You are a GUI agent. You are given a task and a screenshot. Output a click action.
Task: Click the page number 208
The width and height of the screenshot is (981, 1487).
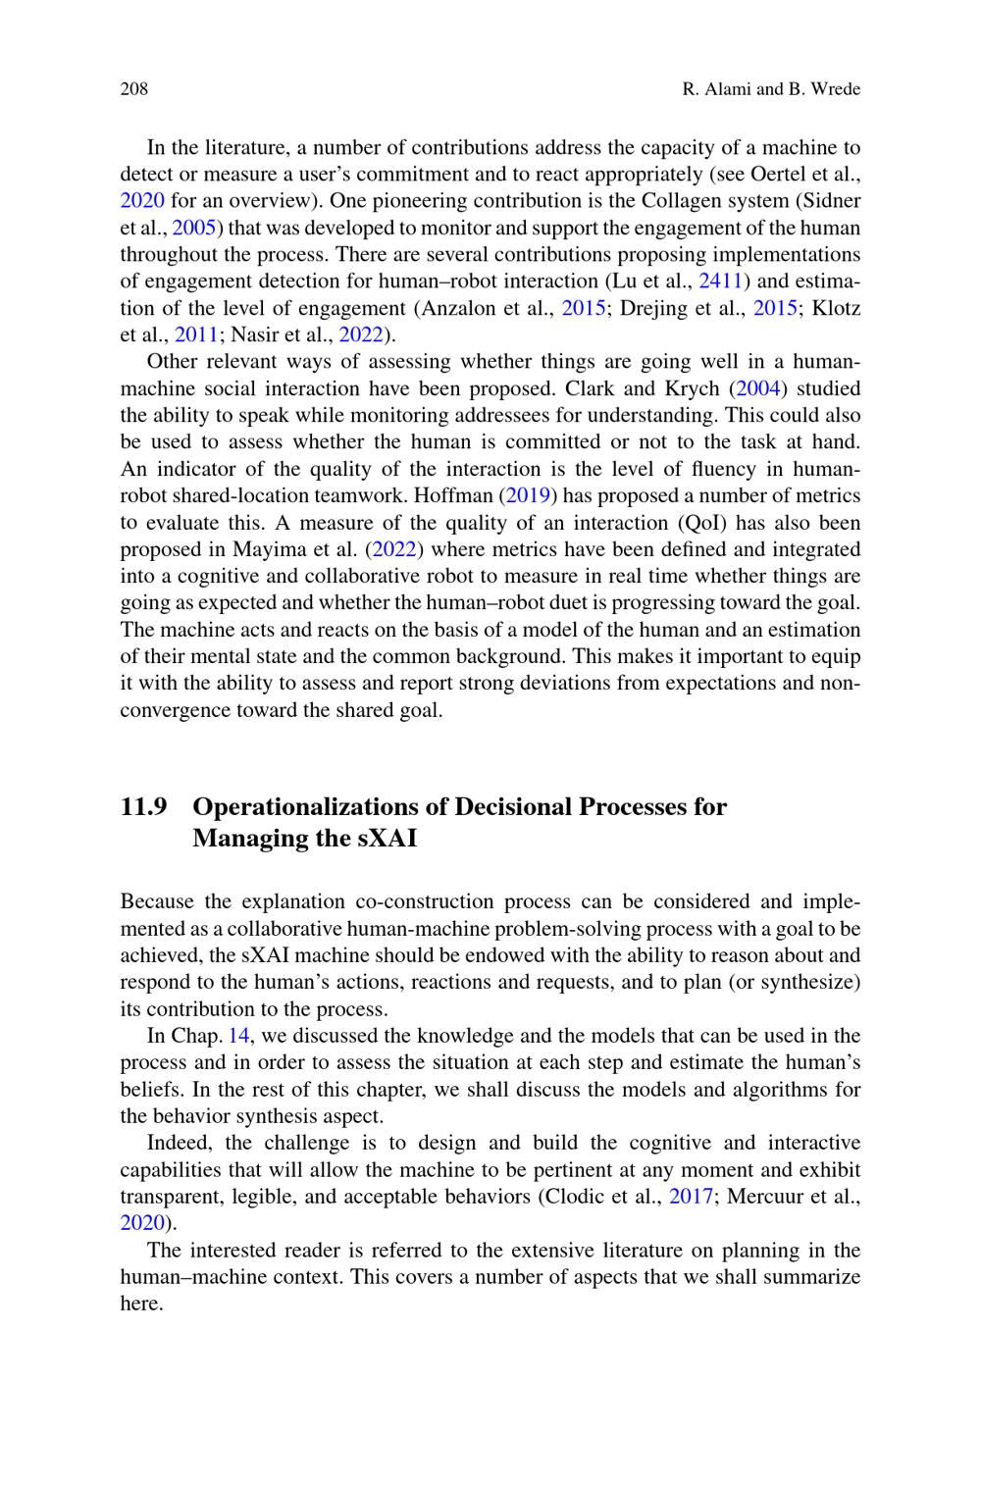tap(133, 89)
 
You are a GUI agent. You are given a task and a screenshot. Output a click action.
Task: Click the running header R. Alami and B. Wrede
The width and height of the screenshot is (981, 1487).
tap(770, 89)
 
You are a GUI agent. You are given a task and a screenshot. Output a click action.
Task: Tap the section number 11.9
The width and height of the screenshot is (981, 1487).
tap(143, 807)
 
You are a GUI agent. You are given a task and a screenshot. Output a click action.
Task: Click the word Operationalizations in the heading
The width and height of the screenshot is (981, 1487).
tap(308, 807)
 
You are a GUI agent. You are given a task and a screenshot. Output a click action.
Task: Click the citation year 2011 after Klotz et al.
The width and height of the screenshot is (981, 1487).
tap(196, 334)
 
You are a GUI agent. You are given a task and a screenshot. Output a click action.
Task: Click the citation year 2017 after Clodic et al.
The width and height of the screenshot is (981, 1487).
tap(691, 1197)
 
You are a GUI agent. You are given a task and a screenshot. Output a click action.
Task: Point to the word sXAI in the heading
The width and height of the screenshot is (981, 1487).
tap(380, 839)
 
